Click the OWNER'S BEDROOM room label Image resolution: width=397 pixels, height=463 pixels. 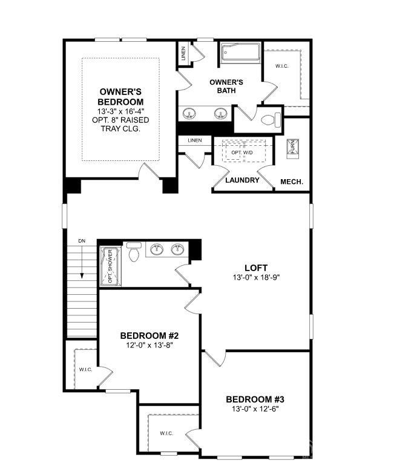point(122,96)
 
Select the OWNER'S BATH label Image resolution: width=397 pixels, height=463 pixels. point(226,86)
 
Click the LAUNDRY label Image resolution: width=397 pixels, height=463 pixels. point(242,180)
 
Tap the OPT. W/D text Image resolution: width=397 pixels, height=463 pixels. point(242,153)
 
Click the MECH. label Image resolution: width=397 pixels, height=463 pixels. point(291,182)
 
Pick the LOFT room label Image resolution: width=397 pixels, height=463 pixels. point(256,268)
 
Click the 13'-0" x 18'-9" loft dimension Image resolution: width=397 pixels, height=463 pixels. point(256,278)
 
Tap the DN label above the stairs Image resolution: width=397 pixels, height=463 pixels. point(82,241)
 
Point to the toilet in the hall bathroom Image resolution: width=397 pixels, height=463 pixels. point(134,253)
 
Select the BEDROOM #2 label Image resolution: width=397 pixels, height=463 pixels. point(149,336)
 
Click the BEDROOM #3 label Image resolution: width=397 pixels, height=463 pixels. point(255,399)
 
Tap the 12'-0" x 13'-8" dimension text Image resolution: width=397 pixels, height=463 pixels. point(149,346)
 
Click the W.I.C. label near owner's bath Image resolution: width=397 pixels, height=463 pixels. point(282,65)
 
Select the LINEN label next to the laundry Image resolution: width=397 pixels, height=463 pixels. point(194,140)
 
